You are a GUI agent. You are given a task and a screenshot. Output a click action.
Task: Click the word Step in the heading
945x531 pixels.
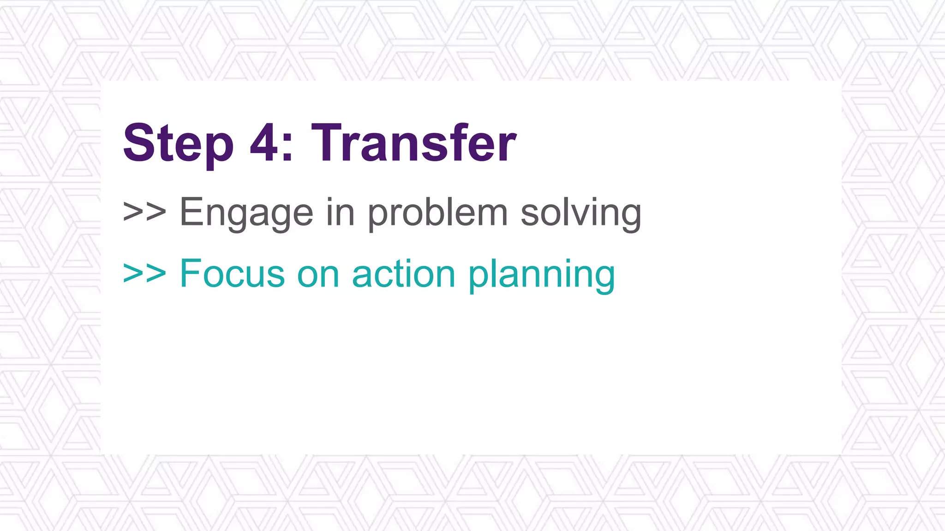click(x=178, y=144)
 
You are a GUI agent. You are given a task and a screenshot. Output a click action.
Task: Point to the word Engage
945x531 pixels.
click(x=246, y=213)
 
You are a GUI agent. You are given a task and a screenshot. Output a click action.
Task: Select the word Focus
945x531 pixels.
click(x=232, y=274)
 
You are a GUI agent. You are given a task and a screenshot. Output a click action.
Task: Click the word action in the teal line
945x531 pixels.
click(x=404, y=274)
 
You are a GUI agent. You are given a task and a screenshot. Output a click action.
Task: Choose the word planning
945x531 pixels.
click(x=542, y=275)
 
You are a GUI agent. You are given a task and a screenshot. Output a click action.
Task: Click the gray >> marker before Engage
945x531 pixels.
click(x=144, y=212)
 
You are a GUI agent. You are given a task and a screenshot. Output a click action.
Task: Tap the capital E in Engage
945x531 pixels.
click(x=191, y=212)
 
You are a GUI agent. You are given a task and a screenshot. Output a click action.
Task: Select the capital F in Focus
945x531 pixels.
click(x=190, y=274)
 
